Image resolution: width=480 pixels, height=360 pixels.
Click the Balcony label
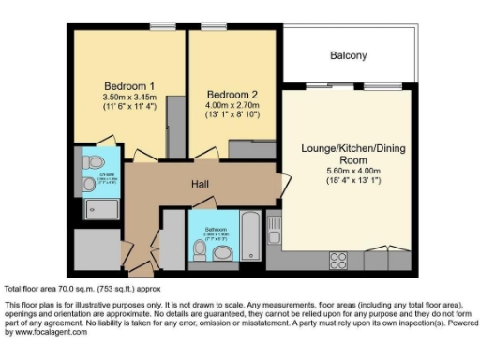348,56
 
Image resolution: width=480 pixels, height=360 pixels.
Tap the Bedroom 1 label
128,86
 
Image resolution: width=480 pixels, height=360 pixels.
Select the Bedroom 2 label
232,95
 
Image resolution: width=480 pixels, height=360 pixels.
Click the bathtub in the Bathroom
251,237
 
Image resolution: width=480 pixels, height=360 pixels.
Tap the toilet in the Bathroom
200,251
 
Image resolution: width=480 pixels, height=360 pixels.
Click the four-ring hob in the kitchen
337,258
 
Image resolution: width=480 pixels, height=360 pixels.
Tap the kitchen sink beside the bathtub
276,225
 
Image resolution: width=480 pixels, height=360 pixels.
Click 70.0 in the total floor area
64,290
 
